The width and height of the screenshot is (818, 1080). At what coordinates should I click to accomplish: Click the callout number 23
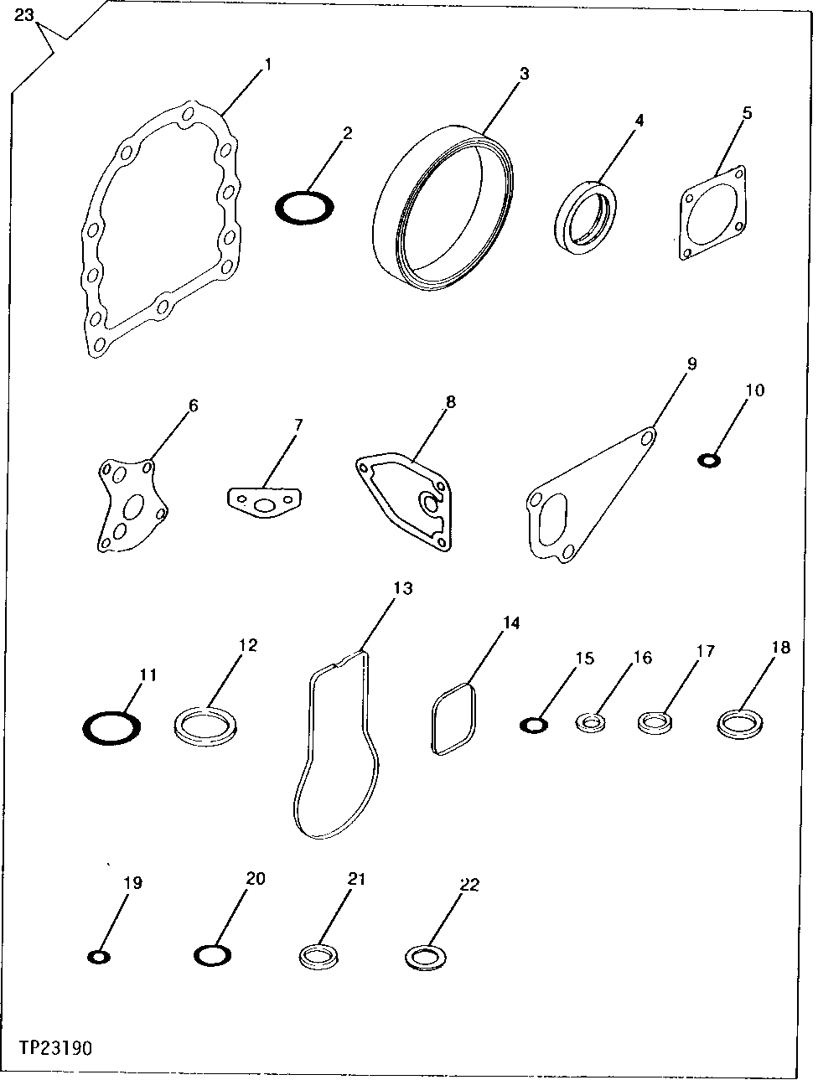[25, 14]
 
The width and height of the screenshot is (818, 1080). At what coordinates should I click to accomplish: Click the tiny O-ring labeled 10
[709, 459]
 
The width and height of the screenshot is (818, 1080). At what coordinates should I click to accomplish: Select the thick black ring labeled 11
[111, 727]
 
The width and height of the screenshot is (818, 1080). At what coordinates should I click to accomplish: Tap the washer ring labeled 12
[206, 724]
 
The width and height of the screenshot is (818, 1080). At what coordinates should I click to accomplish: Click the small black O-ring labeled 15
[533, 725]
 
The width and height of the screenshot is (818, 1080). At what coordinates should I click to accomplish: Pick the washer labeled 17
[654, 721]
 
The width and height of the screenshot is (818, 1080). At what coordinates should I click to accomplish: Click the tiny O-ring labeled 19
[99, 957]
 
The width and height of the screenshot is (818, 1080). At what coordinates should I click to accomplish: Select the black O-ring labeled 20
[212, 955]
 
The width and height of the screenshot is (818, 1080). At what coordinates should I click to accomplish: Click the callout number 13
[403, 589]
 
